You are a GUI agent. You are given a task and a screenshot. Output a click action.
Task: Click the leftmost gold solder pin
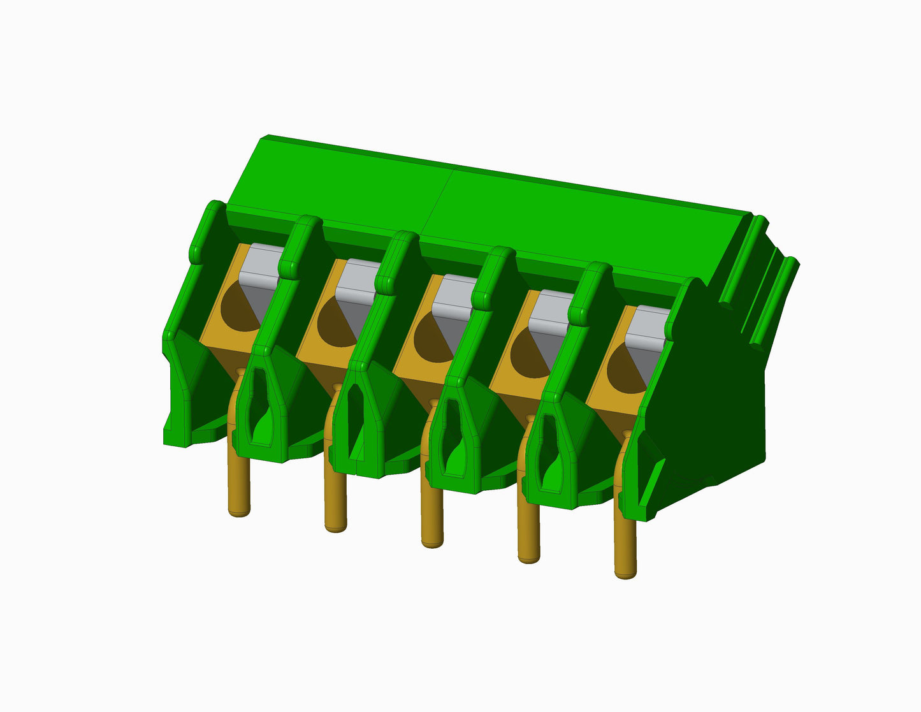point(239,484)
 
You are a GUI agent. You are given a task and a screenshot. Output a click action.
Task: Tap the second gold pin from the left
point(335,500)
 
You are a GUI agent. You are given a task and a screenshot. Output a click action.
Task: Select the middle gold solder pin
point(432,516)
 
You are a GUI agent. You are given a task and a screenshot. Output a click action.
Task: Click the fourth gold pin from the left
point(528,532)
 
